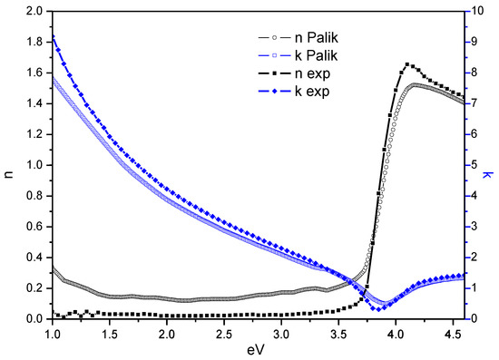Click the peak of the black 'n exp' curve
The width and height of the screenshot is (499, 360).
point(407,64)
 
